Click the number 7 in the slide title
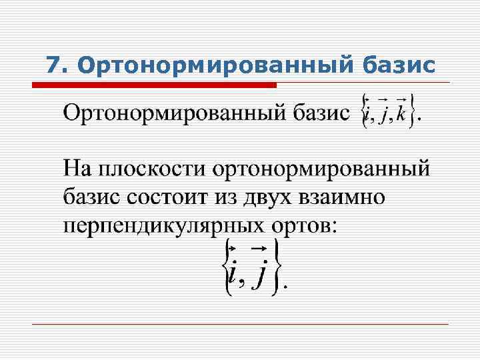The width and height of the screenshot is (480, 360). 54,65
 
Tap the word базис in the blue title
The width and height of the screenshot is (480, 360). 399,65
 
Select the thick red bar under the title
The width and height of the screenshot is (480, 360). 155,85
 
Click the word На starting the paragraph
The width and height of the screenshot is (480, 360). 78,169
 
